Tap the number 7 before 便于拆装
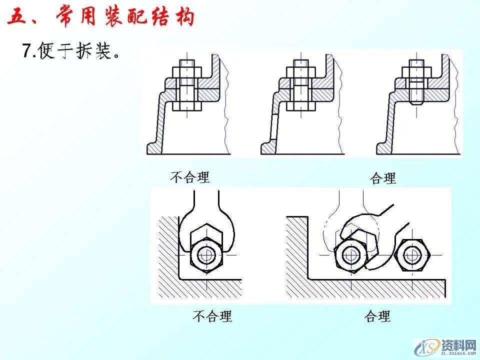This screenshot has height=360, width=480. pyautogui.click(x=27, y=51)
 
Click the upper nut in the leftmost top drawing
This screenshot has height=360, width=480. pyautogui.click(x=187, y=70)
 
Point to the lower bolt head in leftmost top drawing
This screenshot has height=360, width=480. pyautogui.click(x=187, y=106)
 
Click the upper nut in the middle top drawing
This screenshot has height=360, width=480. pyautogui.click(x=301, y=70)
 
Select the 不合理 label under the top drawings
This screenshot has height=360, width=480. pyautogui.click(x=190, y=177)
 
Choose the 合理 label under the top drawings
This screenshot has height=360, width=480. pyautogui.click(x=382, y=178)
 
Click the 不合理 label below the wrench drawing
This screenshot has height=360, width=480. pyautogui.click(x=212, y=316)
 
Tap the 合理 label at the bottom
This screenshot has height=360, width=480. pyautogui.click(x=377, y=316)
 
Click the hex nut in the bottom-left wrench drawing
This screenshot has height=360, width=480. pyautogui.click(x=206, y=255)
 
